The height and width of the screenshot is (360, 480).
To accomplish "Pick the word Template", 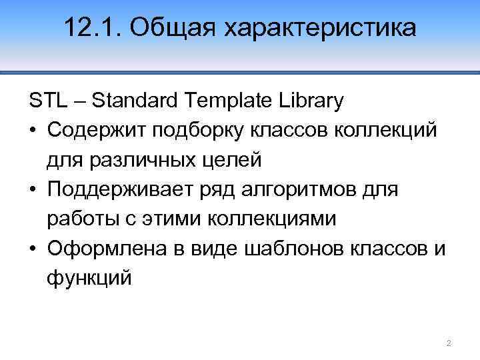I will [x=229, y=102].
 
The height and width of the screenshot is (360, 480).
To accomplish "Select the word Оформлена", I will [x=101, y=249].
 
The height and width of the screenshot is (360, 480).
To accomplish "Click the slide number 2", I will [x=449, y=343].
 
